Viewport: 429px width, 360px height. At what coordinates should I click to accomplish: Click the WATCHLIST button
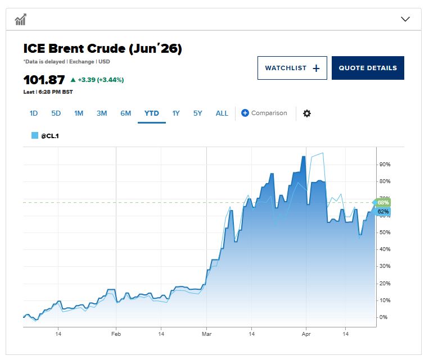pyautogui.click(x=292, y=68)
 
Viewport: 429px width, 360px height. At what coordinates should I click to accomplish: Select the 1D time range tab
pyautogui.click(x=34, y=113)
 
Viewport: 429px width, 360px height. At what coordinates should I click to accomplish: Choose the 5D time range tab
pyautogui.click(x=56, y=113)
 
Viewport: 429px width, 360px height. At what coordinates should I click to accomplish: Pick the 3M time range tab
pyautogui.click(x=102, y=113)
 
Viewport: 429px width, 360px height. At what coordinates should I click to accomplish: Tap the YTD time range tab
pyautogui.click(x=152, y=113)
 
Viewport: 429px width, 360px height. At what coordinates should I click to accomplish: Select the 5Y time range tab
pyautogui.click(x=198, y=113)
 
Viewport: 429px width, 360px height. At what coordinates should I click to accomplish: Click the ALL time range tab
pyautogui.click(x=222, y=113)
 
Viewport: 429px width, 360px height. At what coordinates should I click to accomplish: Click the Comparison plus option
pyautogui.click(x=264, y=113)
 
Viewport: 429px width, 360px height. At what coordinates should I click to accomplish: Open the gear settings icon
pyautogui.click(x=306, y=113)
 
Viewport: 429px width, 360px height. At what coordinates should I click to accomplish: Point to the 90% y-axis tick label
pyautogui.click(x=385, y=165)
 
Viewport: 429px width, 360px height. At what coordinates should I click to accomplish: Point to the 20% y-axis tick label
pyautogui.click(x=385, y=284)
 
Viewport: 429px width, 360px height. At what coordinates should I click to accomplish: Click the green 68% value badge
pyautogui.click(x=383, y=202)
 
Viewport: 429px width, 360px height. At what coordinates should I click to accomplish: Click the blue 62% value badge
pyautogui.click(x=383, y=212)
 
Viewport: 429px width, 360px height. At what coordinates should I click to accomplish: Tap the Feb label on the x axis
pyautogui.click(x=116, y=334)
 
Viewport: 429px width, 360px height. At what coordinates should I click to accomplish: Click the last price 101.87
pyautogui.click(x=44, y=80)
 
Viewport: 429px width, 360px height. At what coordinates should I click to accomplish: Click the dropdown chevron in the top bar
pyautogui.click(x=405, y=19)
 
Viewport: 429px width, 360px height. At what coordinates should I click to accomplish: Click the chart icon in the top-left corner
pyautogui.click(x=21, y=20)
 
